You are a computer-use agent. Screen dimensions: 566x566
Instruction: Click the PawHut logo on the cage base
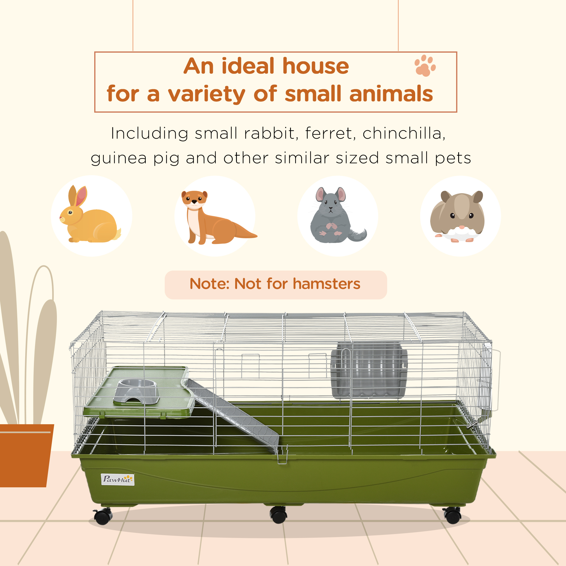click(x=117, y=479)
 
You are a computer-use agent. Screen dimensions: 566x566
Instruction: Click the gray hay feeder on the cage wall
click(x=369, y=370)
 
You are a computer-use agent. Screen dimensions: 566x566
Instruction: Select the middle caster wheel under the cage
click(x=278, y=515)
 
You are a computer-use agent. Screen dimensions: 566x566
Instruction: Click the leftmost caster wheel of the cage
click(x=103, y=516)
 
